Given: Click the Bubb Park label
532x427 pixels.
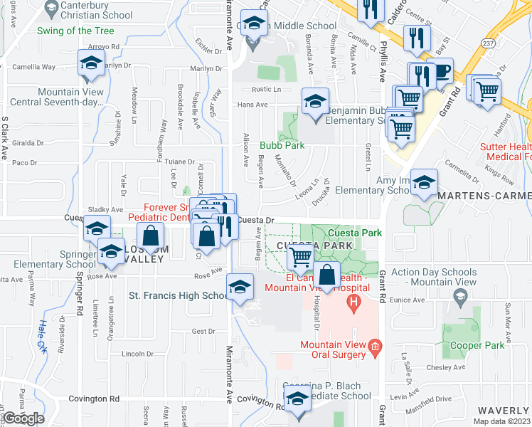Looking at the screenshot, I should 282,145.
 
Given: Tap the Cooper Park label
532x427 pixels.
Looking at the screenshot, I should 477,345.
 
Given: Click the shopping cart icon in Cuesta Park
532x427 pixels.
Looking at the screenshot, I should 302,256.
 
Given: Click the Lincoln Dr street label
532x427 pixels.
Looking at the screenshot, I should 137,354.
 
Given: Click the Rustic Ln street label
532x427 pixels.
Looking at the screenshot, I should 267,90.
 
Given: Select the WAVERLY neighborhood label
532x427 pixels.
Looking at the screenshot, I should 502,411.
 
